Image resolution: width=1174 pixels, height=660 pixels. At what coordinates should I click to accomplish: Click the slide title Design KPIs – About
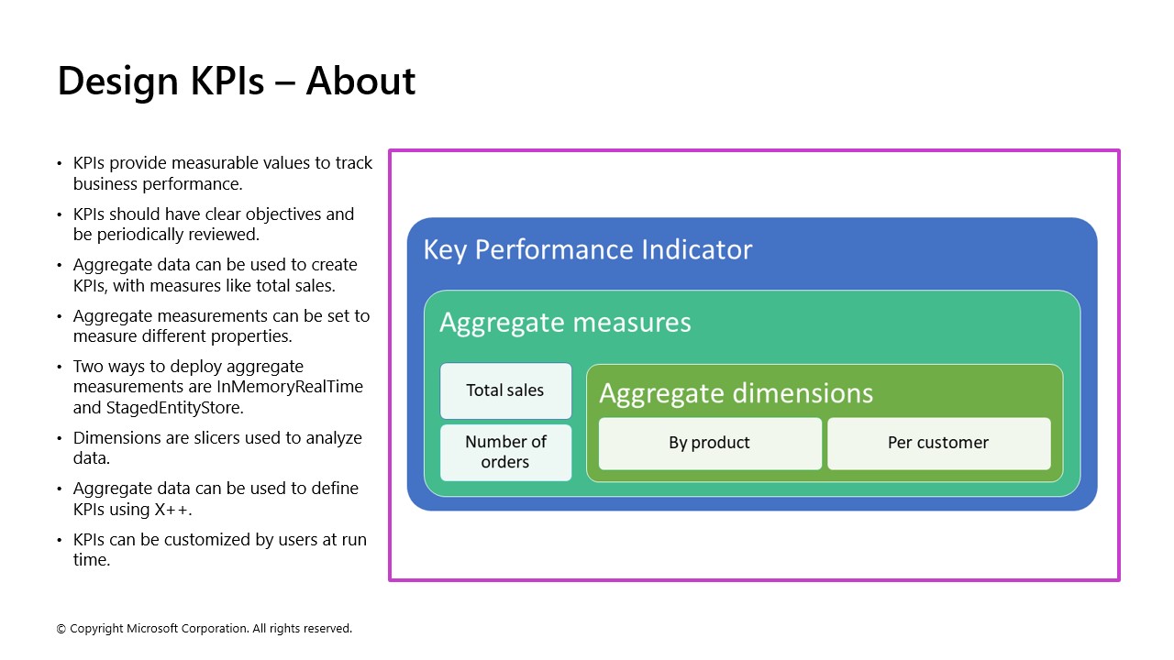[236, 81]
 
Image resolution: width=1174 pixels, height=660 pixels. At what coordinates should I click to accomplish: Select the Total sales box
[505, 390]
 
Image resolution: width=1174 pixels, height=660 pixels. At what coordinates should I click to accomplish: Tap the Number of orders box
[505, 452]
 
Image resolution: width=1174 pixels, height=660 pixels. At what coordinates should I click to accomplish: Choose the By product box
[709, 443]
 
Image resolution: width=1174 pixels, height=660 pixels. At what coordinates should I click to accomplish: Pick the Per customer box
[937, 443]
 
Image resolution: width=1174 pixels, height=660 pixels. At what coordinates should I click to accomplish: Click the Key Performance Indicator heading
[587, 250]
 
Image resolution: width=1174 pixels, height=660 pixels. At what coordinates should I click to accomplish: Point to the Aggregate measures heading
[565, 323]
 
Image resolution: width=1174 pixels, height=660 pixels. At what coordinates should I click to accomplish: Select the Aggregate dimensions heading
[736, 393]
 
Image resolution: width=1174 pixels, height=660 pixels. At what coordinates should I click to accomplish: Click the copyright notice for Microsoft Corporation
[204, 629]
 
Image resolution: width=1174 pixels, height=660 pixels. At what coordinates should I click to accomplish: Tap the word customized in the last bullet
[209, 540]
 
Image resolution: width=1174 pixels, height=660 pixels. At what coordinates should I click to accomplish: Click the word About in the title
[360, 81]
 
